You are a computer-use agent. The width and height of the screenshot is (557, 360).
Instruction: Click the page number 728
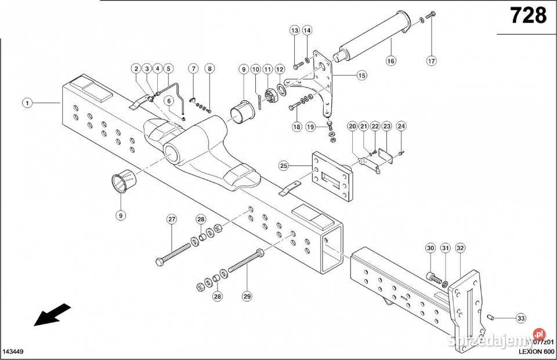coord(528,16)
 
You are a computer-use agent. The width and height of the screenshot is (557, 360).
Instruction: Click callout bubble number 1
coord(27,103)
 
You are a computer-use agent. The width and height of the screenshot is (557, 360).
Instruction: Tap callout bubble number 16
coord(390,60)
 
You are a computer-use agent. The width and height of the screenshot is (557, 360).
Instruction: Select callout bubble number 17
coord(431,60)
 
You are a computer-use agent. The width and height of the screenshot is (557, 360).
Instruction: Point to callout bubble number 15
coord(361,75)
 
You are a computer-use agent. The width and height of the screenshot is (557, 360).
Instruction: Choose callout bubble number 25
coord(284,166)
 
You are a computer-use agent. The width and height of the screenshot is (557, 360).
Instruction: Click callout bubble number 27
coord(172,219)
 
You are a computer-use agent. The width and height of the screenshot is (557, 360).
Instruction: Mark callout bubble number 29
coord(247,296)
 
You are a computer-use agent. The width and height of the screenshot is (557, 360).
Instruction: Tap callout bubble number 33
coord(520,318)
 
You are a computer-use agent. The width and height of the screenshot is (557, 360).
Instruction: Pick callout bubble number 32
coord(460,248)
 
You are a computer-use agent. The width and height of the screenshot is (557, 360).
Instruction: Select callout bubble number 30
coord(430,248)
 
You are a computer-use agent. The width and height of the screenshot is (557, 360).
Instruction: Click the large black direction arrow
coord(52,315)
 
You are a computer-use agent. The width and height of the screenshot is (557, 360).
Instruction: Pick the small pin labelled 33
coord(490,316)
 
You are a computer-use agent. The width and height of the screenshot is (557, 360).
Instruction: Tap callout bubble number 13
coord(295,30)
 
